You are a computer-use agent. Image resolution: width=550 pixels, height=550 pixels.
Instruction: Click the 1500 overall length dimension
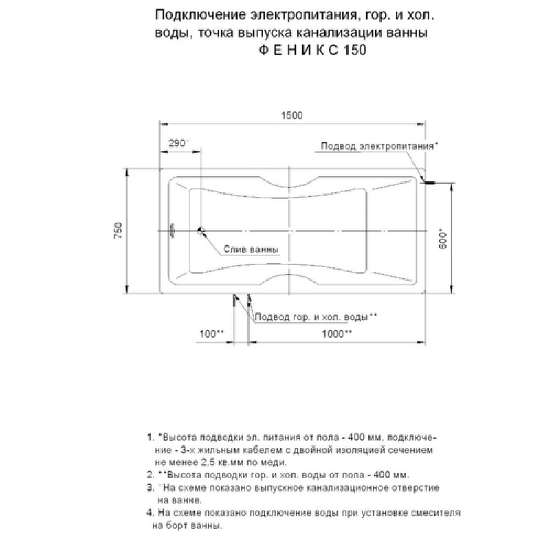292,115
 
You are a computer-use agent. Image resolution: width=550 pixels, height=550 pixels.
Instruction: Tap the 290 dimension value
177,142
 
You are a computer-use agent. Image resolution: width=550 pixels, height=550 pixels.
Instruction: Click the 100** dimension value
212,333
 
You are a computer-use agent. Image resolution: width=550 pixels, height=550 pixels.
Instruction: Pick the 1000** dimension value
338,333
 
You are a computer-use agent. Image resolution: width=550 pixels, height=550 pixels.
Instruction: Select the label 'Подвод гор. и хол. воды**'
316,317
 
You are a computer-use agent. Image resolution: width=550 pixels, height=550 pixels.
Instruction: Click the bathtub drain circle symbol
201,232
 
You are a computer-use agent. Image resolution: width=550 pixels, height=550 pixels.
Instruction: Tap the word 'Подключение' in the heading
193,14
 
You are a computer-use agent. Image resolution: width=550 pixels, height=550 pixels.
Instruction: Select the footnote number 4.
149,513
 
